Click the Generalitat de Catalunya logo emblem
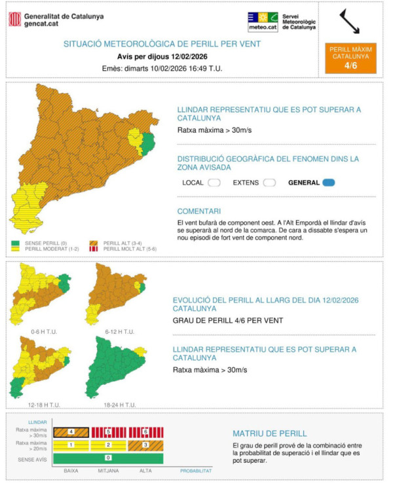pos(15,20)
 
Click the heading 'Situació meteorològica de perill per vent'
pos(162,44)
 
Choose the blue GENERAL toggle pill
pos(328,183)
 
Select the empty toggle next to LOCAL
pos(214,183)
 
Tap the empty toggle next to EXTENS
pos(269,183)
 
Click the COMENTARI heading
pos(198,211)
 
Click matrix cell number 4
pos(71,432)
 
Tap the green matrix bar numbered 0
pos(107,458)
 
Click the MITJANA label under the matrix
pos(109,471)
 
